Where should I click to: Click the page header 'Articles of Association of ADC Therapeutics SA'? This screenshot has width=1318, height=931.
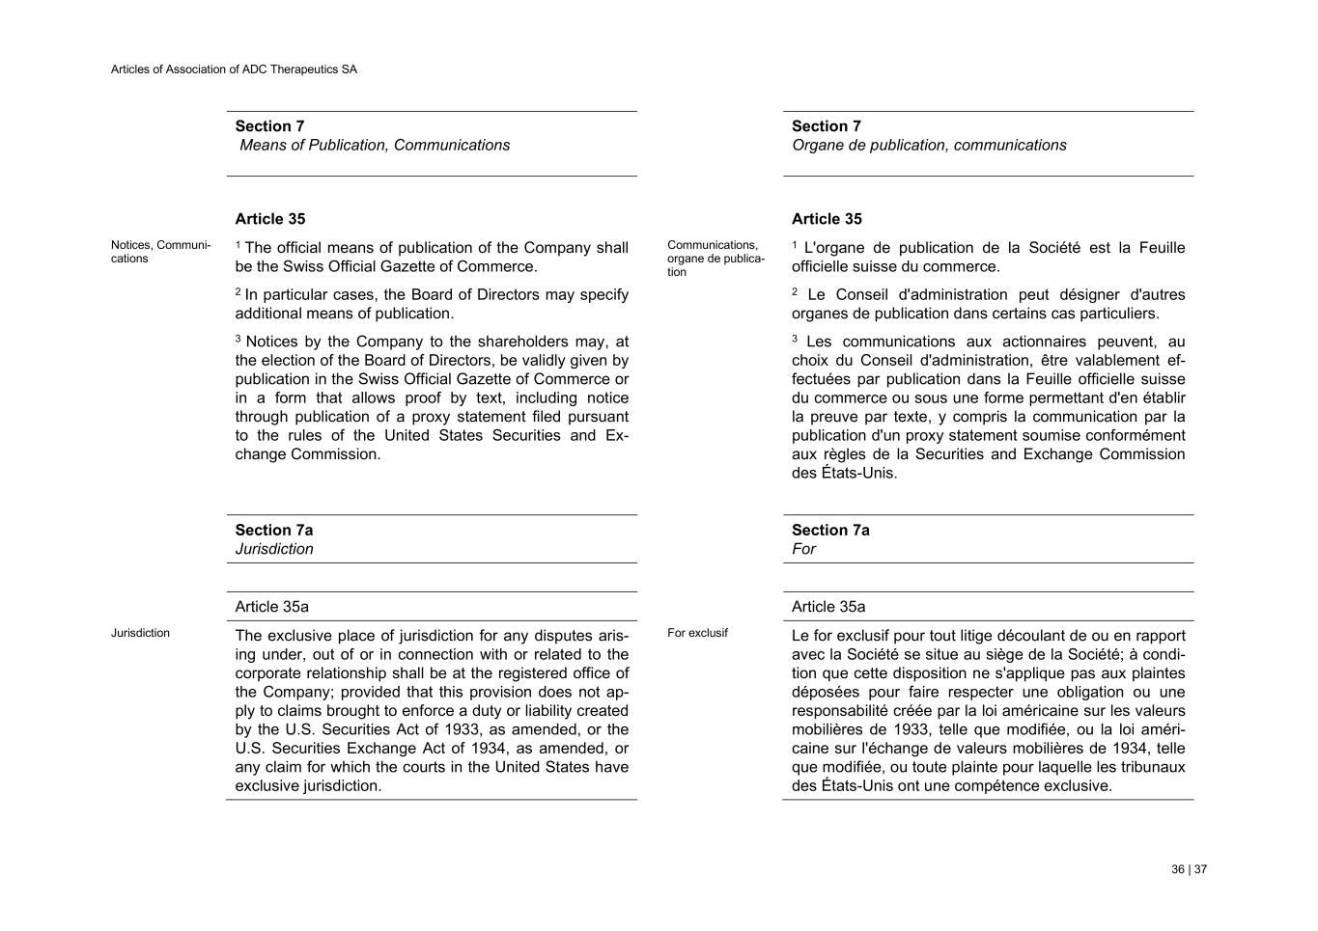click(x=234, y=69)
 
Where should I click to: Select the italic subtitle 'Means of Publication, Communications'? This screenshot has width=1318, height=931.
click(x=375, y=146)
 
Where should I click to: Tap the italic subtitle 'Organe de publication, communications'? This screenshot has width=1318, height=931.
click(x=929, y=146)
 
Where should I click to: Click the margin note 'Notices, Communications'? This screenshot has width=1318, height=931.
click(x=160, y=252)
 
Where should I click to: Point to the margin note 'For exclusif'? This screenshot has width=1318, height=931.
click(x=697, y=633)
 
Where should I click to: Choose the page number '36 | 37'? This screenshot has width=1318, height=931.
click(x=1189, y=869)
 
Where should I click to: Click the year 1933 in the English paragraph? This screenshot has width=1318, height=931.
click(x=463, y=729)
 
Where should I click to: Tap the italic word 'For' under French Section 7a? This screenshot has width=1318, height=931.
click(x=803, y=549)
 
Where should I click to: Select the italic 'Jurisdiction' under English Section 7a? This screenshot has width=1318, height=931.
click(x=274, y=549)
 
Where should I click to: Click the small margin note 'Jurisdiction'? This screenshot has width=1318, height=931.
click(x=140, y=633)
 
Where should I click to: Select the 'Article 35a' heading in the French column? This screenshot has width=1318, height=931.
click(x=828, y=607)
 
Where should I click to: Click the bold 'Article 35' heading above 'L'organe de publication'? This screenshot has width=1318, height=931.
click(x=827, y=219)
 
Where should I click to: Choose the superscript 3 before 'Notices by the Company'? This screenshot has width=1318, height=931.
click(x=238, y=339)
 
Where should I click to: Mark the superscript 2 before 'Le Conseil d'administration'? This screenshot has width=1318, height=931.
click(x=795, y=291)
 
